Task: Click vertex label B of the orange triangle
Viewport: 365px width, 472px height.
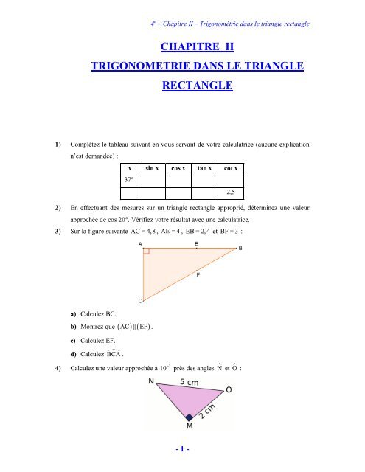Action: [x=240, y=249]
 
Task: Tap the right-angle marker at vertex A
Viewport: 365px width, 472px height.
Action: [x=147, y=252]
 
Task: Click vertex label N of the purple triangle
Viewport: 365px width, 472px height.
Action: [x=151, y=382]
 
